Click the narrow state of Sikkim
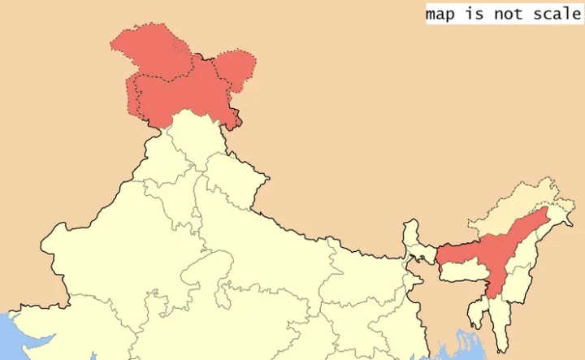tap(411, 231)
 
